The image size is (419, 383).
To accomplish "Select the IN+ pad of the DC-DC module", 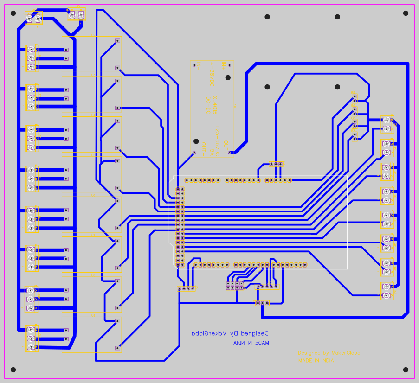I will click(x=230, y=65).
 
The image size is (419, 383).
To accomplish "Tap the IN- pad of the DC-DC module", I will click(x=194, y=65).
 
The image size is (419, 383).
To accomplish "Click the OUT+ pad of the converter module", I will click(x=230, y=153).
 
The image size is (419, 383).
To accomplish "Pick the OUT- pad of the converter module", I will click(x=194, y=153).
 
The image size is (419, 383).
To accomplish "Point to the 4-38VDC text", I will click(x=212, y=74).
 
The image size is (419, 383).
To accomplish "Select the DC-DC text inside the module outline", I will click(x=208, y=105).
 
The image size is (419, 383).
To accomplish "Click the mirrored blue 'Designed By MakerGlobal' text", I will click(x=230, y=333).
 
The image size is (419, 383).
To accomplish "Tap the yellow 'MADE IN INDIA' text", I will click(x=316, y=360).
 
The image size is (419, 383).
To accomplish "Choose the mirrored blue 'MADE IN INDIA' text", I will click(x=251, y=343).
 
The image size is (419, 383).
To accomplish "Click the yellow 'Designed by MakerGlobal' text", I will click(x=329, y=353).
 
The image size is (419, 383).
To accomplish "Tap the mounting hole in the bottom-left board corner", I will click(x=13, y=370).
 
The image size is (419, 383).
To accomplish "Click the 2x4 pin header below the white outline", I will click(x=235, y=286).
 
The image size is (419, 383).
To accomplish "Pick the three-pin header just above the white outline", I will click(x=276, y=164).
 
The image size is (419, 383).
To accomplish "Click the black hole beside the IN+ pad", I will click(x=228, y=77).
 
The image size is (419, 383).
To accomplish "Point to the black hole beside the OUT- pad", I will click(x=196, y=141).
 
